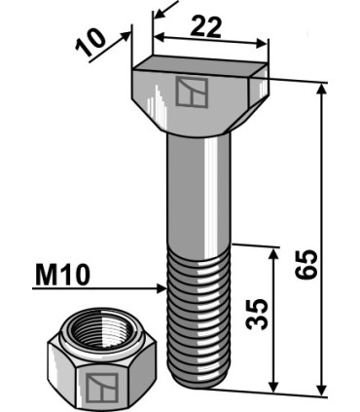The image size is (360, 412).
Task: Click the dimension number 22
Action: [205, 26]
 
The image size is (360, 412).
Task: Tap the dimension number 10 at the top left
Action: [91, 42]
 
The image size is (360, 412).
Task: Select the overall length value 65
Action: [306, 264]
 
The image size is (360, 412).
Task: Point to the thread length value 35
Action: [257, 314]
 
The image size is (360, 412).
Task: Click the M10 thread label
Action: [62, 275]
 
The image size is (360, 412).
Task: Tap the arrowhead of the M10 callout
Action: [162, 288]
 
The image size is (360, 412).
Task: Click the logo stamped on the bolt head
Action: [192, 93]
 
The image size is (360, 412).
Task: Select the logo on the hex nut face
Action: [102, 388]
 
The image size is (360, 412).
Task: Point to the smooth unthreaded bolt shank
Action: [199, 193]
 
